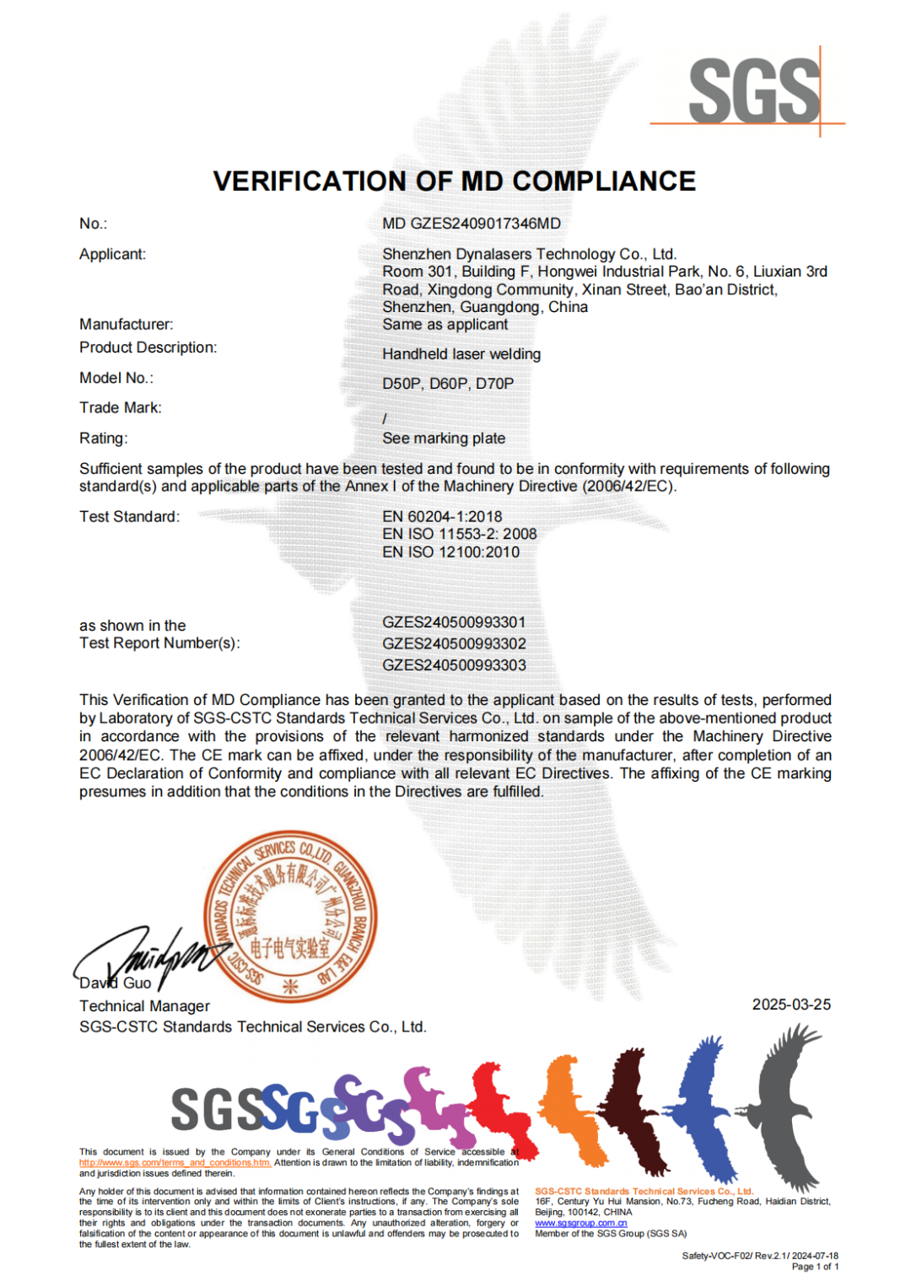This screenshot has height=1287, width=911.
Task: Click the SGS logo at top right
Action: tap(753, 90)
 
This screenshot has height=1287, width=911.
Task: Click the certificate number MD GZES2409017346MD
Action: tap(471, 223)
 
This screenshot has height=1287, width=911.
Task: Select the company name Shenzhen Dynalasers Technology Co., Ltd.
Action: tap(529, 254)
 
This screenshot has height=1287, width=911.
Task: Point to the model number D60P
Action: tap(448, 384)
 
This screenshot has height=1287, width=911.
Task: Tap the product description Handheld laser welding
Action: tap(461, 354)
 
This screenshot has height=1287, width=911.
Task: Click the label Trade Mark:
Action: tap(120, 408)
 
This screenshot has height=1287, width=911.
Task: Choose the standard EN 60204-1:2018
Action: tap(442, 516)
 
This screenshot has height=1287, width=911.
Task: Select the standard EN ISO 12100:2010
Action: tap(450, 552)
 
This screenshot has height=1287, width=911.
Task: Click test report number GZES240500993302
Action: tap(454, 643)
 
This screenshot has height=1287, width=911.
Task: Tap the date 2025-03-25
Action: tap(791, 1004)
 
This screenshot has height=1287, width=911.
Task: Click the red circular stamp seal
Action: tap(290, 916)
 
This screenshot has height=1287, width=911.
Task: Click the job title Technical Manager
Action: tap(144, 1006)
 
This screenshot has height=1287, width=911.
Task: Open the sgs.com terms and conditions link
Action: tap(175, 1163)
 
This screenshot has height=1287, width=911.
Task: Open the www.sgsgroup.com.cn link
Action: tap(580, 1223)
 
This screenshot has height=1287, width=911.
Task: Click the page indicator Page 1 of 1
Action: tap(815, 1267)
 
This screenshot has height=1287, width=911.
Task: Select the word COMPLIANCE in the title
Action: tap(604, 181)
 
